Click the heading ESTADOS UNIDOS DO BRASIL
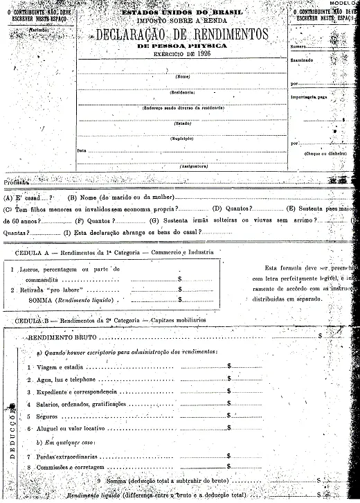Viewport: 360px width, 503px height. pyautogui.click(x=181, y=13)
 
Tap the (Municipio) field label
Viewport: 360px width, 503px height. pyautogui.click(x=183, y=139)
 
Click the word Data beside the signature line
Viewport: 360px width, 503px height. pyautogui.click(x=82, y=150)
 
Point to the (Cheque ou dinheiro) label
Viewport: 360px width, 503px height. pyautogui.click(x=325, y=153)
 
